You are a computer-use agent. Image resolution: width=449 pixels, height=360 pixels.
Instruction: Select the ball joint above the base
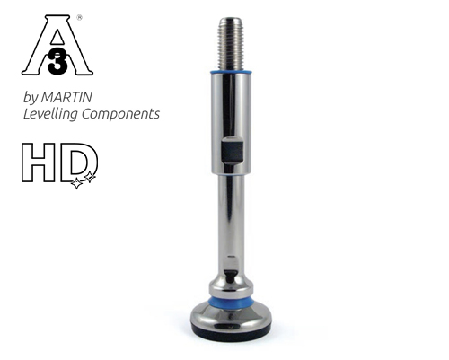click(231, 278)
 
